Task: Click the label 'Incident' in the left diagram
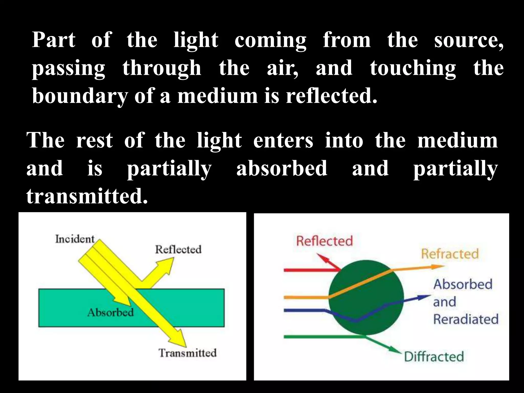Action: [x=75, y=239]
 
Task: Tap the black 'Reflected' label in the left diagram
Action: [x=178, y=249]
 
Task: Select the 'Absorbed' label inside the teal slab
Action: [x=111, y=312]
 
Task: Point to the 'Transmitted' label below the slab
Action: [x=188, y=353]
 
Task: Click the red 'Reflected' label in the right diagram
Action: [x=324, y=241]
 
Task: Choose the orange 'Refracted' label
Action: [x=450, y=254]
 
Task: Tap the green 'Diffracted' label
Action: [x=434, y=357]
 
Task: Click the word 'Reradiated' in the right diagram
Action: [x=466, y=319]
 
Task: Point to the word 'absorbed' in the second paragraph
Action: [x=282, y=168]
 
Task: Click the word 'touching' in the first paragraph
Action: [x=413, y=68]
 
